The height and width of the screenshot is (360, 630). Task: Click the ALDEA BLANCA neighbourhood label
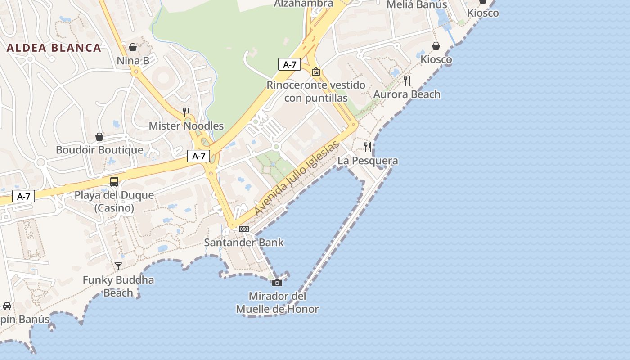click(54, 48)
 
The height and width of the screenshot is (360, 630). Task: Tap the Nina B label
click(133, 60)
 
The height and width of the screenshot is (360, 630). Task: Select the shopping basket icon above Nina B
click(133, 47)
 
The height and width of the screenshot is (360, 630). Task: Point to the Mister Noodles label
click(186, 126)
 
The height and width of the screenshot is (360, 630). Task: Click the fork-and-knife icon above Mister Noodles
click(186, 112)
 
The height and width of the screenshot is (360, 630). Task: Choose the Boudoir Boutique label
click(99, 150)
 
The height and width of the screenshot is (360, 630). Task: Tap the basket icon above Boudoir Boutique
click(99, 136)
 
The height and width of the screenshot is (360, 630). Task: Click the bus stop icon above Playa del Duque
click(114, 182)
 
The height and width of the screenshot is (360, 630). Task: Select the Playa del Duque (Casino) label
click(114, 202)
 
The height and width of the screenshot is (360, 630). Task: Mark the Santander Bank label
click(244, 243)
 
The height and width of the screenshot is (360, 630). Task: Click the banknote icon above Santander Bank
click(244, 229)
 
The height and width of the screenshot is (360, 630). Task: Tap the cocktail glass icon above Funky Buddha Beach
click(118, 266)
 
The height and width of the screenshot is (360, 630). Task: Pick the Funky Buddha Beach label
click(118, 286)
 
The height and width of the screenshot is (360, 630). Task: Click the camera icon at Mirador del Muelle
click(277, 283)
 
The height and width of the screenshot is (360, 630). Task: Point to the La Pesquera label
click(368, 161)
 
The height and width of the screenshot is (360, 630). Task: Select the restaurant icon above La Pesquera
click(368, 147)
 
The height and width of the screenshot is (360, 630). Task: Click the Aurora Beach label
click(407, 94)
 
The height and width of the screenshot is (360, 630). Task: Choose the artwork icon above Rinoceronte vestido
click(316, 72)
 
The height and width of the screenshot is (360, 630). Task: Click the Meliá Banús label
click(417, 5)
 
